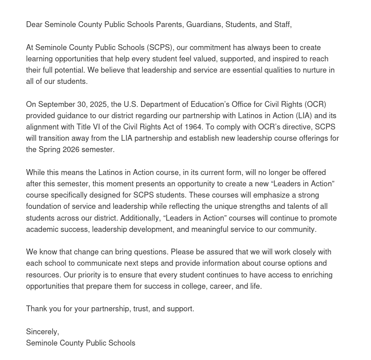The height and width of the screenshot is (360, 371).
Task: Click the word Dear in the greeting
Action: point(34,24)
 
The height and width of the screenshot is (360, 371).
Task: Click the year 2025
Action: point(98,104)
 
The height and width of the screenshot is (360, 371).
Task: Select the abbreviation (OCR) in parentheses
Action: point(315,104)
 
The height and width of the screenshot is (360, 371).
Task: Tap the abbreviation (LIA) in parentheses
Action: point(304,115)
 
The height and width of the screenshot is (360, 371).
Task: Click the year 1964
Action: point(193,127)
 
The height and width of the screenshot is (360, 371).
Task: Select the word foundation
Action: point(44,206)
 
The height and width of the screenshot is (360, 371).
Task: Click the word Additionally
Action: point(140,218)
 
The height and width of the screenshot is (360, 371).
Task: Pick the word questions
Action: point(151,252)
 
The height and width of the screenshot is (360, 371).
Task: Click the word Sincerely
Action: point(42,332)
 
